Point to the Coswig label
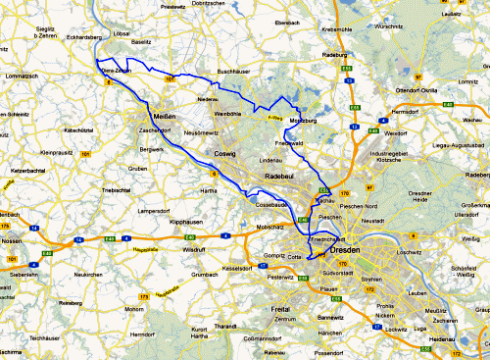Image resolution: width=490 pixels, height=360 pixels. (225, 154)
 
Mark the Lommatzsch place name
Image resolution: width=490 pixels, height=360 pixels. (20, 76)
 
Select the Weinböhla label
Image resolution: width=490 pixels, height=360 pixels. (227, 114)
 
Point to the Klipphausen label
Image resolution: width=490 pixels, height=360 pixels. (186, 223)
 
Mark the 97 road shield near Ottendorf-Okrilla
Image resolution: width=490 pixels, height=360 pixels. (418, 76)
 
